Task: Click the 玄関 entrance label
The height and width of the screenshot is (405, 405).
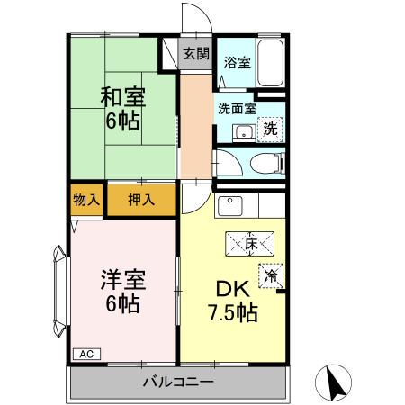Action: (196, 54)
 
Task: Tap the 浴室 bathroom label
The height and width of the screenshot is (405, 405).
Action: (237, 62)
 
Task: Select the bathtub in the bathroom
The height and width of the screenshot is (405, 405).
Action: (271, 62)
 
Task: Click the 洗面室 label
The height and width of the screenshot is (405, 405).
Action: (237, 109)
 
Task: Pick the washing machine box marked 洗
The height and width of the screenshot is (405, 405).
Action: (270, 130)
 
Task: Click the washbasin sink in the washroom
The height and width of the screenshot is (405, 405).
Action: (244, 132)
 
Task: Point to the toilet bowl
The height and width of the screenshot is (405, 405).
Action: (266, 164)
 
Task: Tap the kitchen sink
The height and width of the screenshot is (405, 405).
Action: (230, 206)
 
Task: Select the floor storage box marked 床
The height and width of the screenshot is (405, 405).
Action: (249, 244)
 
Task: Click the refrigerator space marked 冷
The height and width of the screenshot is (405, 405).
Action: (271, 275)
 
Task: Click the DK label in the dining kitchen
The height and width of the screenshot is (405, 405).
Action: (233, 289)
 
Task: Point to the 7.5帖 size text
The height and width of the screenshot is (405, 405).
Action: (233, 312)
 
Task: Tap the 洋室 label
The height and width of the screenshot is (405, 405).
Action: (123, 279)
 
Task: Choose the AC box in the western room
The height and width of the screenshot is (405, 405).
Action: (86, 354)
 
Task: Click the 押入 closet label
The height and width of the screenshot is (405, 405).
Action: (141, 200)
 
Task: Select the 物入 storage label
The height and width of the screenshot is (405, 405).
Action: (86, 200)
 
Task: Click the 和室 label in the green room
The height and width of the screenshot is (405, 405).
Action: (123, 97)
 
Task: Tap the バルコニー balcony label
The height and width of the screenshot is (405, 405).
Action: (178, 382)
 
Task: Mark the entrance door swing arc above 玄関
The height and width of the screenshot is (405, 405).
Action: (204, 12)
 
